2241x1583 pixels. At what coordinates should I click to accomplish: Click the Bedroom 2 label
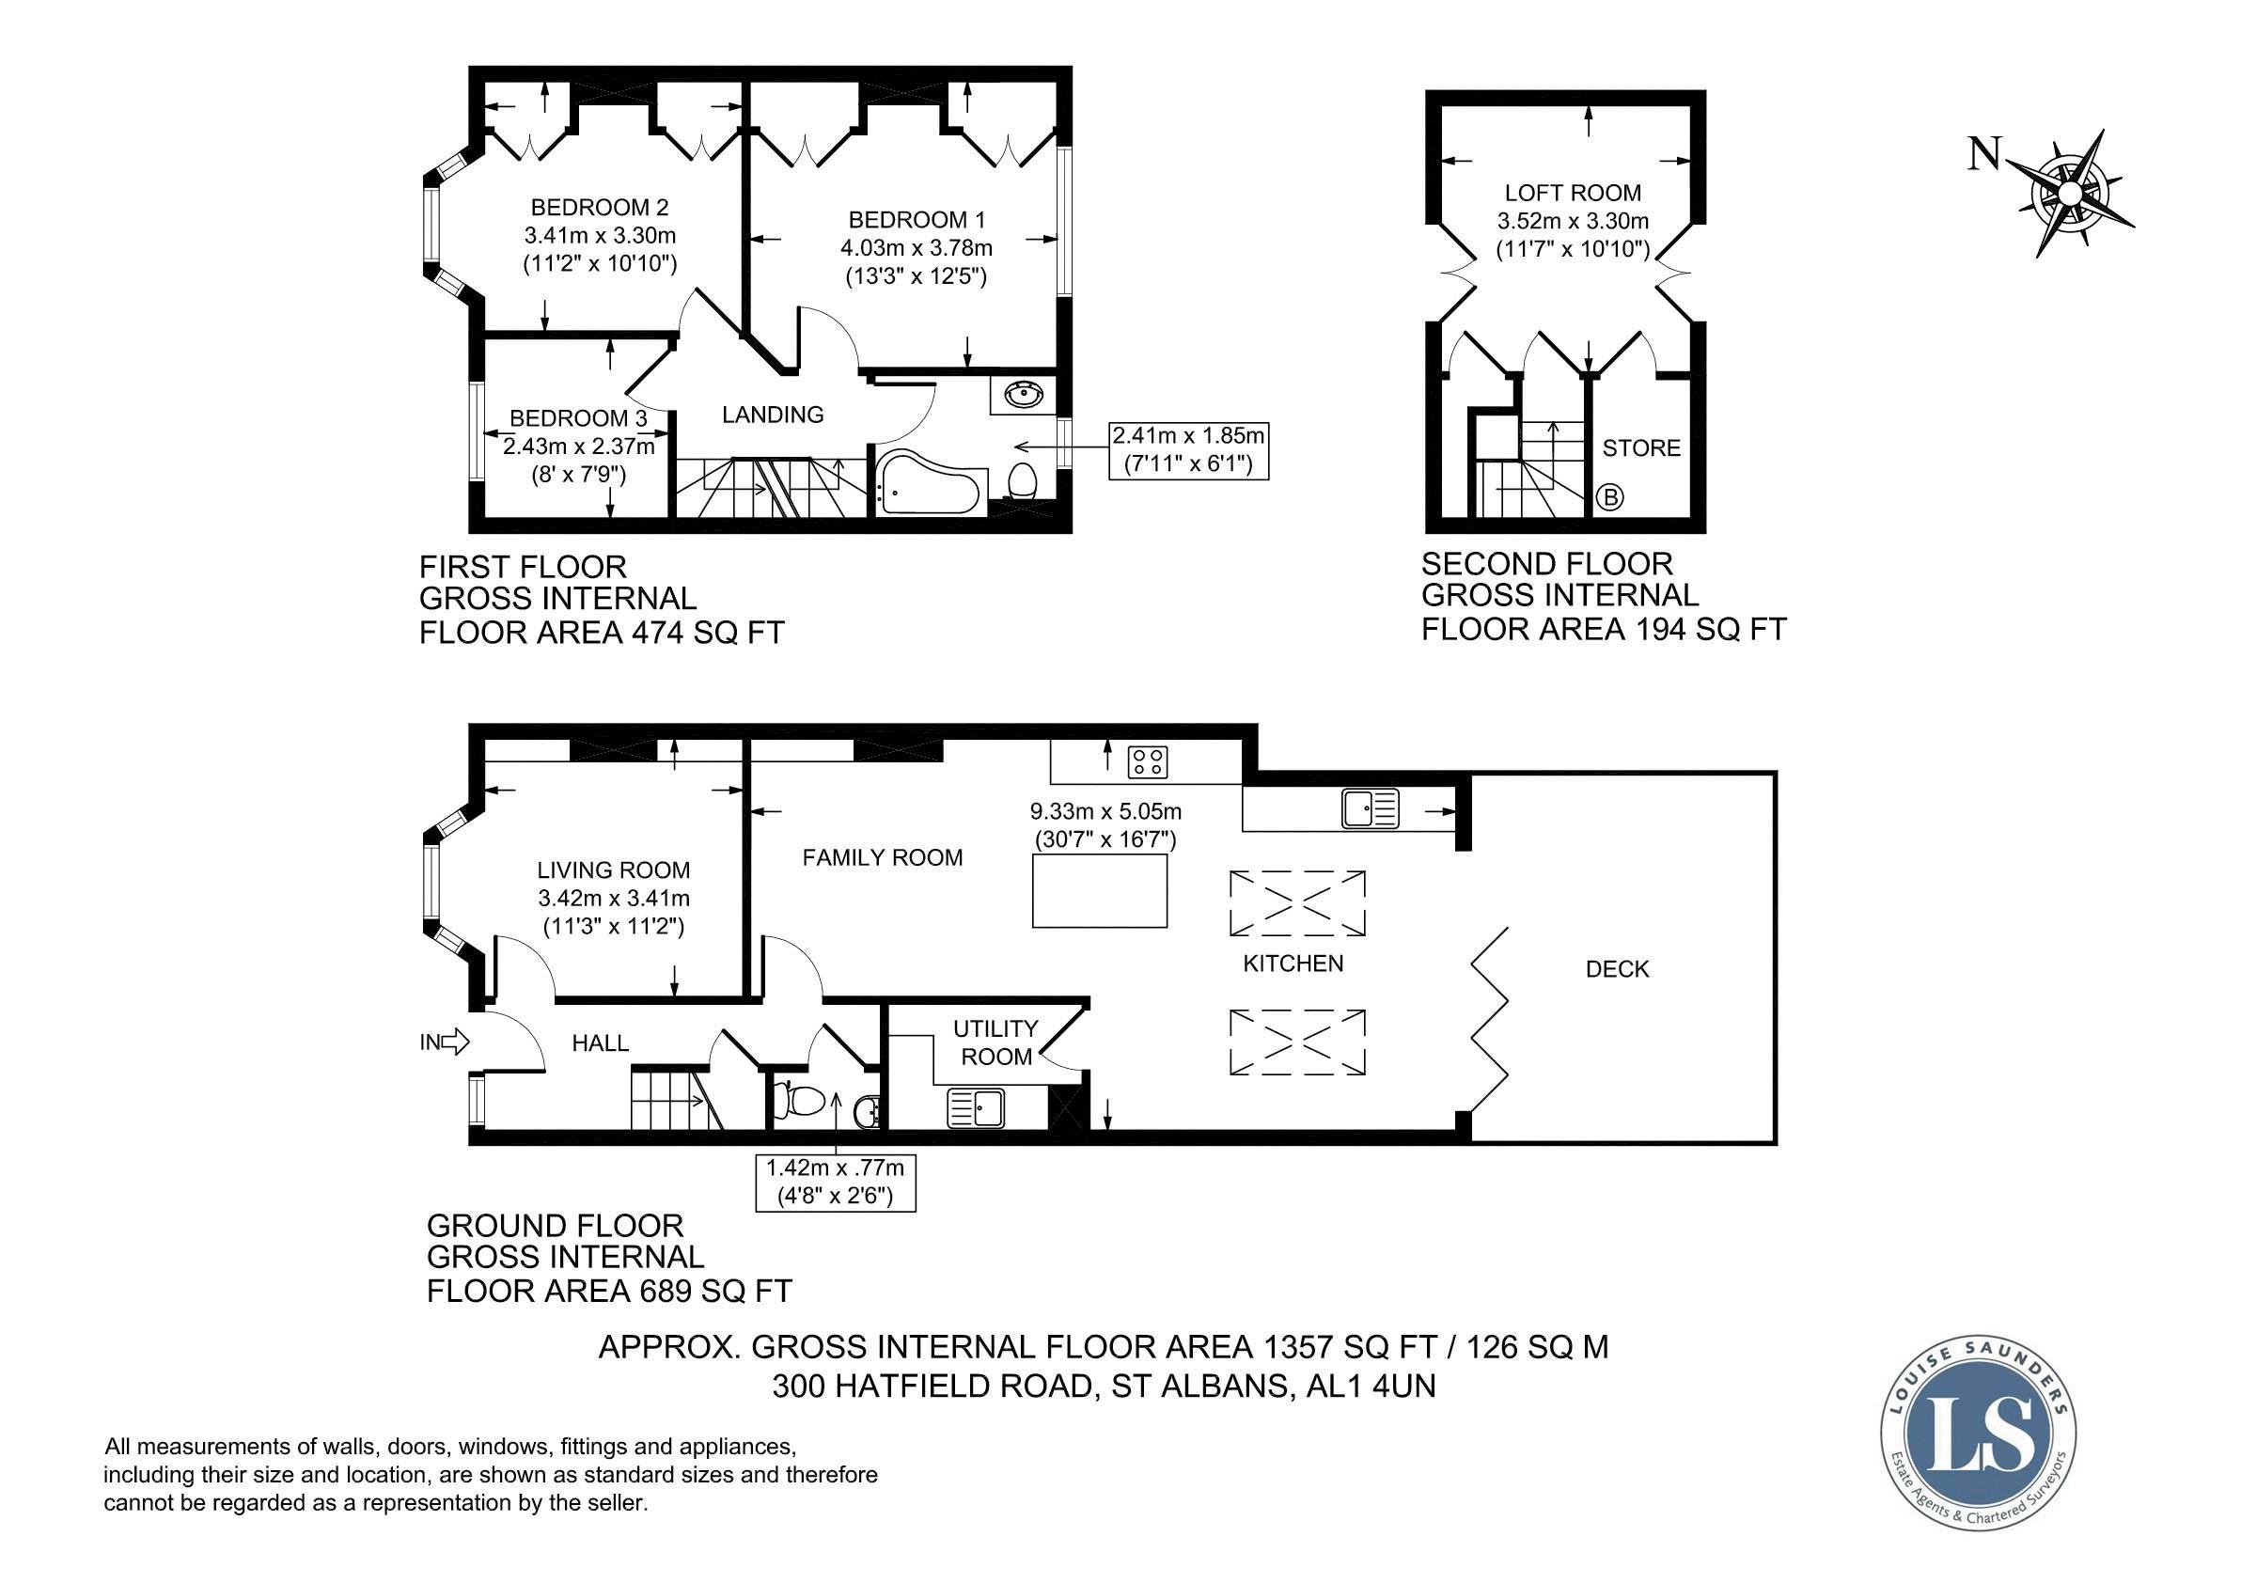(x=600, y=207)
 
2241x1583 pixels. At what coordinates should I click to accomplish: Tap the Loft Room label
(x=1573, y=194)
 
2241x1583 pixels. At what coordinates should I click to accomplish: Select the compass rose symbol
(x=2069, y=194)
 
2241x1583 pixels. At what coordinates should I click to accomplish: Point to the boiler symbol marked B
(x=1609, y=497)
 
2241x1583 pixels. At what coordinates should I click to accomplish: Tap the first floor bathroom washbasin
(x=1024, y=395)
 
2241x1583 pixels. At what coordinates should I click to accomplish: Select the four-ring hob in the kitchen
(x=1148, y=761)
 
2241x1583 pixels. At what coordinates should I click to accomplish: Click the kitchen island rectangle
(x=1100, y=890)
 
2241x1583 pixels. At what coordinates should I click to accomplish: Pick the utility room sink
(x=974, y=1108)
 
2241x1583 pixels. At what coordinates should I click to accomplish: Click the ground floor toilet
(x=797, y=1100)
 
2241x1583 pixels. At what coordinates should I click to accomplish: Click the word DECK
(x=1618, y=969)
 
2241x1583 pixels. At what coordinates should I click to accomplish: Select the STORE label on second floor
(x=1641, y=448)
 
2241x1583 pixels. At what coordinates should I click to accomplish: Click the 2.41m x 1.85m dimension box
(x=1188, y=450)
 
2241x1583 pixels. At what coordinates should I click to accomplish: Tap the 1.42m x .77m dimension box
(x=836, y=1182)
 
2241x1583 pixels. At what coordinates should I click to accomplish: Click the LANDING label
(x=773, y=415)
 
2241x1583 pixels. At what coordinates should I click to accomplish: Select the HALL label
(x=601, y=1043)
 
